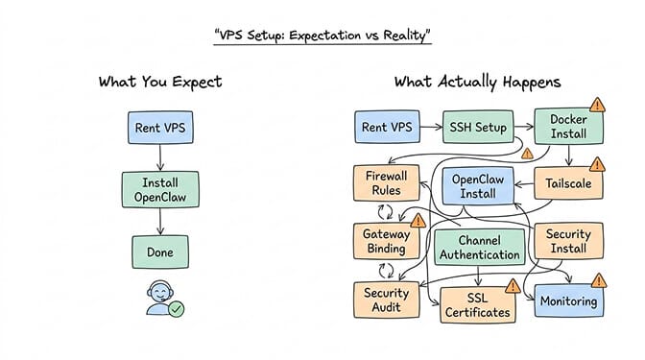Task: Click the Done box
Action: pyautogui.click(x=160, y=252)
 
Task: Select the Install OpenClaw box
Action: pyautogui.click(x=160, y=190)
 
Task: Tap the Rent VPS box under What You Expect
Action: pyautogui.click(x=160, y=128)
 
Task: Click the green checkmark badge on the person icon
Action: pyautogui.click(x=177, y=308)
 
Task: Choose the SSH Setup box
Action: pyautogui.click(x=478, y=127)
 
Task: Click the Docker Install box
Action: pyautogui.click(x=569, y=127)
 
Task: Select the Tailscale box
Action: pyautogui.click(x=568, y=183)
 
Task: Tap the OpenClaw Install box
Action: pyautogui.click(x=478, y=186)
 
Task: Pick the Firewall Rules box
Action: pyautogui.click(x=386, y=183)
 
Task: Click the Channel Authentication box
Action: pyautogui.click(x=480, y=248)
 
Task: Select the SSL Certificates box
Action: pyautogui.click(x=478, y=305)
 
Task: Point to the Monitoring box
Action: pyautogui.click(x=569, y=300)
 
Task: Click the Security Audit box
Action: pyautogui.click(x=386, y=300)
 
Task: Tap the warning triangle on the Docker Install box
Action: pyautogui.click(x=597, y=106)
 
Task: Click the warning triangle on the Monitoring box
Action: pyautogui.click(x=599, y=281)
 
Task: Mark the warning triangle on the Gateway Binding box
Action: pyautogui.click(x=418, y=221)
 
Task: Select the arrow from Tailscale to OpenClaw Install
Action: pyautogui.click(x=524, y=184)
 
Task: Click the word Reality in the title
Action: pyautogui.click(x=406, y=36)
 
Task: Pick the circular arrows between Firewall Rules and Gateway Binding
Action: pyautogui.click(x=386, y=212)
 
